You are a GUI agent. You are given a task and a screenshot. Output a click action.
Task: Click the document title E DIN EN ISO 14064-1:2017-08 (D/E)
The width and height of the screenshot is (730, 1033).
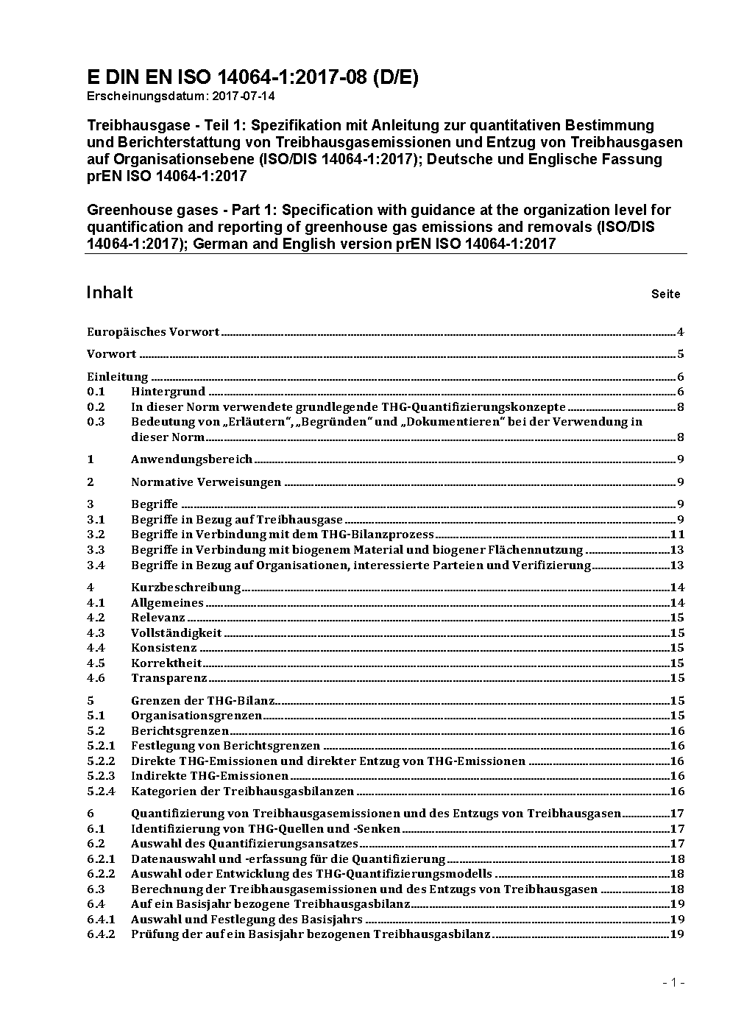tap(252, 78)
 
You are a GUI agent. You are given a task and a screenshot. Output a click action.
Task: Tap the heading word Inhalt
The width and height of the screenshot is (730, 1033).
tap(110, 292)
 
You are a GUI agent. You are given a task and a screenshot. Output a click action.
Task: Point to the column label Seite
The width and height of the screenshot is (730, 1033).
tap(665, 294)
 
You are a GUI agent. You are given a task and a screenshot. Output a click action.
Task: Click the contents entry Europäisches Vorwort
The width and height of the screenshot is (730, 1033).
tap(153, 331)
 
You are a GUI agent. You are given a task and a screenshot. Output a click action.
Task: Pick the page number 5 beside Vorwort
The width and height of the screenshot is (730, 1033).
tap(681, 353)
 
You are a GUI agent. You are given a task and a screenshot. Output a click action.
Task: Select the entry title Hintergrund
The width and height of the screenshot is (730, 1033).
tap(168, 392)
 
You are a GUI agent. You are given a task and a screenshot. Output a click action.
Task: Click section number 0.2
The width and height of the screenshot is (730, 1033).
tap(96, 406)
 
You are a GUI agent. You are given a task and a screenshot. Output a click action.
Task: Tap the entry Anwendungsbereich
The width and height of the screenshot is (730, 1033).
tap(191, 459)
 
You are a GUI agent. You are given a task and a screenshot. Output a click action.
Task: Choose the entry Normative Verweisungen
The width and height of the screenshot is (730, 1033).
tap(206, 482)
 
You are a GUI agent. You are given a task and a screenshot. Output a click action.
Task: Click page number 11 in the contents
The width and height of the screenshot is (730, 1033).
tap(677, 535)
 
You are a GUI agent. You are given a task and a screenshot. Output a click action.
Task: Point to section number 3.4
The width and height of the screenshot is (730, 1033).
tap(96, 565)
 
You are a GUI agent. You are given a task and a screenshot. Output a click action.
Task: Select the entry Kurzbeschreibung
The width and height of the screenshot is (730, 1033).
tap(185, 587)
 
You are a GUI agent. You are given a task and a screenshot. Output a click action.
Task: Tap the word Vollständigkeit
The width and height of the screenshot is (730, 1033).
tap(176, 632)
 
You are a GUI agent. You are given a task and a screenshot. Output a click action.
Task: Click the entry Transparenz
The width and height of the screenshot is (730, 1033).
tap(169, 678)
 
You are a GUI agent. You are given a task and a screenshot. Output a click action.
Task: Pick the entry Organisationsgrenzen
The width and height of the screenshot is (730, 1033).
tap(196, 716)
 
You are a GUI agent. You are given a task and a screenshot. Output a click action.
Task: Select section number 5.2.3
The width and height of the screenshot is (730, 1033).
tap(101, 776)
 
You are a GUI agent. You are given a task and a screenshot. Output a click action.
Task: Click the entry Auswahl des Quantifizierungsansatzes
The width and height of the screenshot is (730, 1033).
tap(244, 844)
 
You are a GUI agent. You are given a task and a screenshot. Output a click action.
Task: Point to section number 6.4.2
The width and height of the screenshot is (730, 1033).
tap(101, 934)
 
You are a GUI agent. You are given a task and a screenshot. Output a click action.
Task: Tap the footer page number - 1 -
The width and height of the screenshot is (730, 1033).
tap(673, 982)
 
